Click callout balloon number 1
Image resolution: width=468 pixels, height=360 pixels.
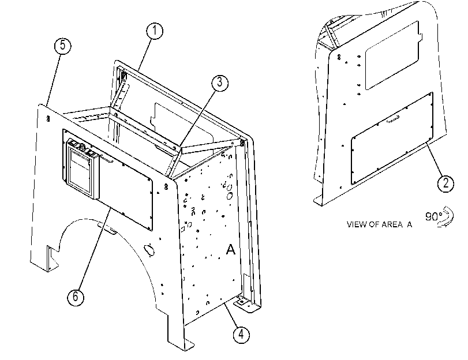pyautogui.click(x=155, y=31)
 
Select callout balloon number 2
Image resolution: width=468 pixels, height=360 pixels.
pyautogui.click(x=445, y=183)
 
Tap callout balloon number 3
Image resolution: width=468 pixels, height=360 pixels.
pyautogui.click(x=220, y=82)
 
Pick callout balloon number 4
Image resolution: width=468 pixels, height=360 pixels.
pyautogui.click(x=241, y=335)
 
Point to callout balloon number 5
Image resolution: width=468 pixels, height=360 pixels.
pyautogui.click(x=63, y=46)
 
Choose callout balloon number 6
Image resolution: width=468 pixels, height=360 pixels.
pyautogui.click(x=76, y=297)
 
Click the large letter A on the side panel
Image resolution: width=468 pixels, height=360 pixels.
pyautogui.click(x=230, y=249)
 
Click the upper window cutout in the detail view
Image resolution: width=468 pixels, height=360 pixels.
pyautogui.click(x=394, y=55)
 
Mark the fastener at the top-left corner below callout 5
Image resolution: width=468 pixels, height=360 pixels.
pyautogui.click(x=48, y=119)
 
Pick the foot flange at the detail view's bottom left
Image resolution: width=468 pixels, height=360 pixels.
pyautogui.click(x=319, y=201)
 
